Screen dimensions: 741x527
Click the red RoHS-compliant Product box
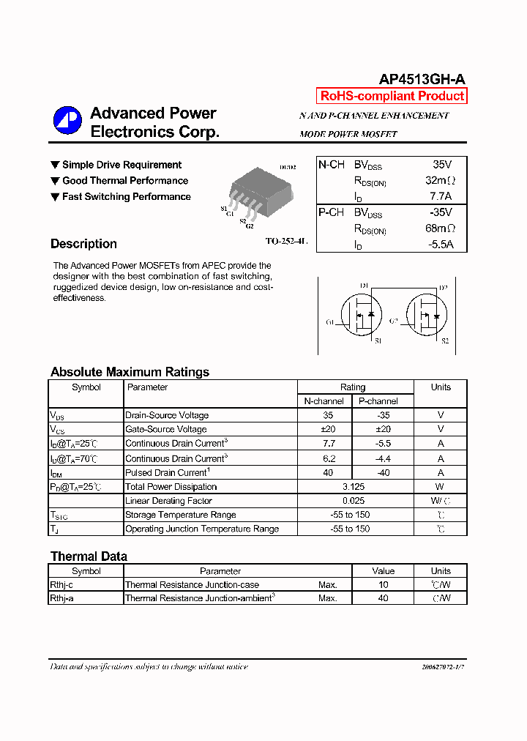tap(392, 96)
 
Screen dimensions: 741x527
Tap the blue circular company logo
tap(67, 121)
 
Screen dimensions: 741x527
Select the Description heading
tap(83, 244)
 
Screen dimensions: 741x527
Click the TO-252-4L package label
tap(286, 241)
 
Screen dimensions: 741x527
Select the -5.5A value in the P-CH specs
tap(441, 244)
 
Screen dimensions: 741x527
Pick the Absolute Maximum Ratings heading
tap(130, 372)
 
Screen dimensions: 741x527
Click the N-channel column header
tap(324, 401)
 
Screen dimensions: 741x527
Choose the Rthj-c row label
tap(61, 585)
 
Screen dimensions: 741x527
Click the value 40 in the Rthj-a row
tap(383, 598)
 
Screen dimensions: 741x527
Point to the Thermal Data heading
tap(89, 556)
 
